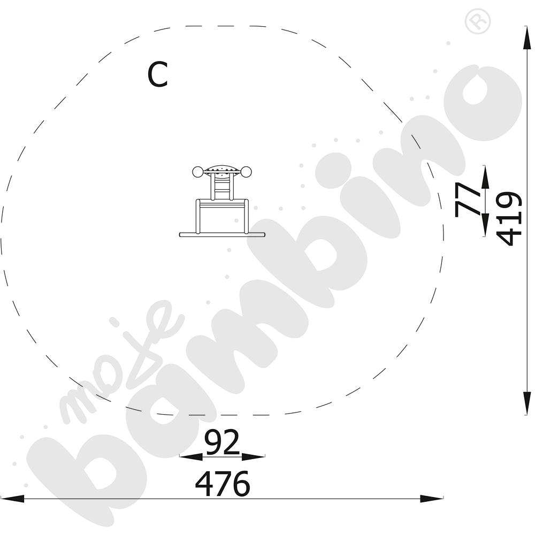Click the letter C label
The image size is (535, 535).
(x=158, y=74)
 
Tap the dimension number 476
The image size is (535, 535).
(x=223, y=484)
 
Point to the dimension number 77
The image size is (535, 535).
(x=467, y=200)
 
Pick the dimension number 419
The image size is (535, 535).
(x=508, y=219)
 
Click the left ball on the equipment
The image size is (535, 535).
(x=197, y=172)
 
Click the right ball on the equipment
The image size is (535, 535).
(x=246, y=172)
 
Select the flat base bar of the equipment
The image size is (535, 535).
(x=222, y=235)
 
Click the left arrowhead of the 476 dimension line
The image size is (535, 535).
(x=12, y=499)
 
